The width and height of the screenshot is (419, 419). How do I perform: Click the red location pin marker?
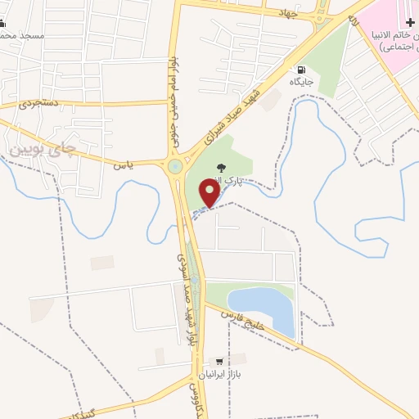[x=210, y=194]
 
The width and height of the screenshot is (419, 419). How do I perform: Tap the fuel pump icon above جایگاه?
[x=303, y=70]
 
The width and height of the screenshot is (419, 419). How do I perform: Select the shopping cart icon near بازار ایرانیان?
[x=219, y=361]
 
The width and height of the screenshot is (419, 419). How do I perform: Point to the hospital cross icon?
[x=410, y=21]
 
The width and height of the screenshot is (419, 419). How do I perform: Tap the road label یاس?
[x=123, y=164]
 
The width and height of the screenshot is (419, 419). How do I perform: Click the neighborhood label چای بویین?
[x=46, y=148]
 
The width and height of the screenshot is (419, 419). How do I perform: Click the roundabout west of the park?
[x=174, y=167]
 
